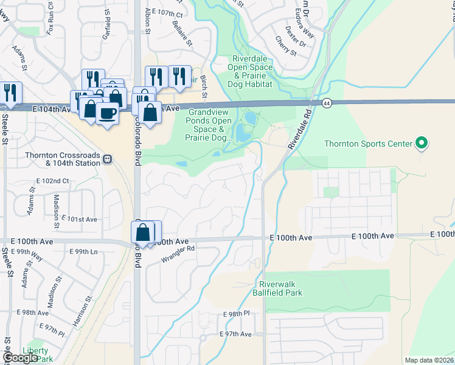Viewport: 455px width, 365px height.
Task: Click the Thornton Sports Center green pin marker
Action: (420, 144)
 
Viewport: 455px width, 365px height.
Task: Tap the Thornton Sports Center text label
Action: (368, 144)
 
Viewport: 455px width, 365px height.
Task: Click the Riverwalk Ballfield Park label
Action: (280, 288)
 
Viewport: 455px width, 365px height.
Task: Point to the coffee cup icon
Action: (108, 113)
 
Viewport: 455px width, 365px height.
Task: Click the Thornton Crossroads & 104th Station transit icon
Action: (108, 159)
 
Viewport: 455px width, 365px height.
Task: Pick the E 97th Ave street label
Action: (235, 335)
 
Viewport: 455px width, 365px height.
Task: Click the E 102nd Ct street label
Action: (53, 181)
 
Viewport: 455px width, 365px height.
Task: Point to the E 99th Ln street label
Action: (83, 251)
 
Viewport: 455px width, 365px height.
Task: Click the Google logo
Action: (19, 358)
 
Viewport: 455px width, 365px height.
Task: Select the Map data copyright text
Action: (429, 360)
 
